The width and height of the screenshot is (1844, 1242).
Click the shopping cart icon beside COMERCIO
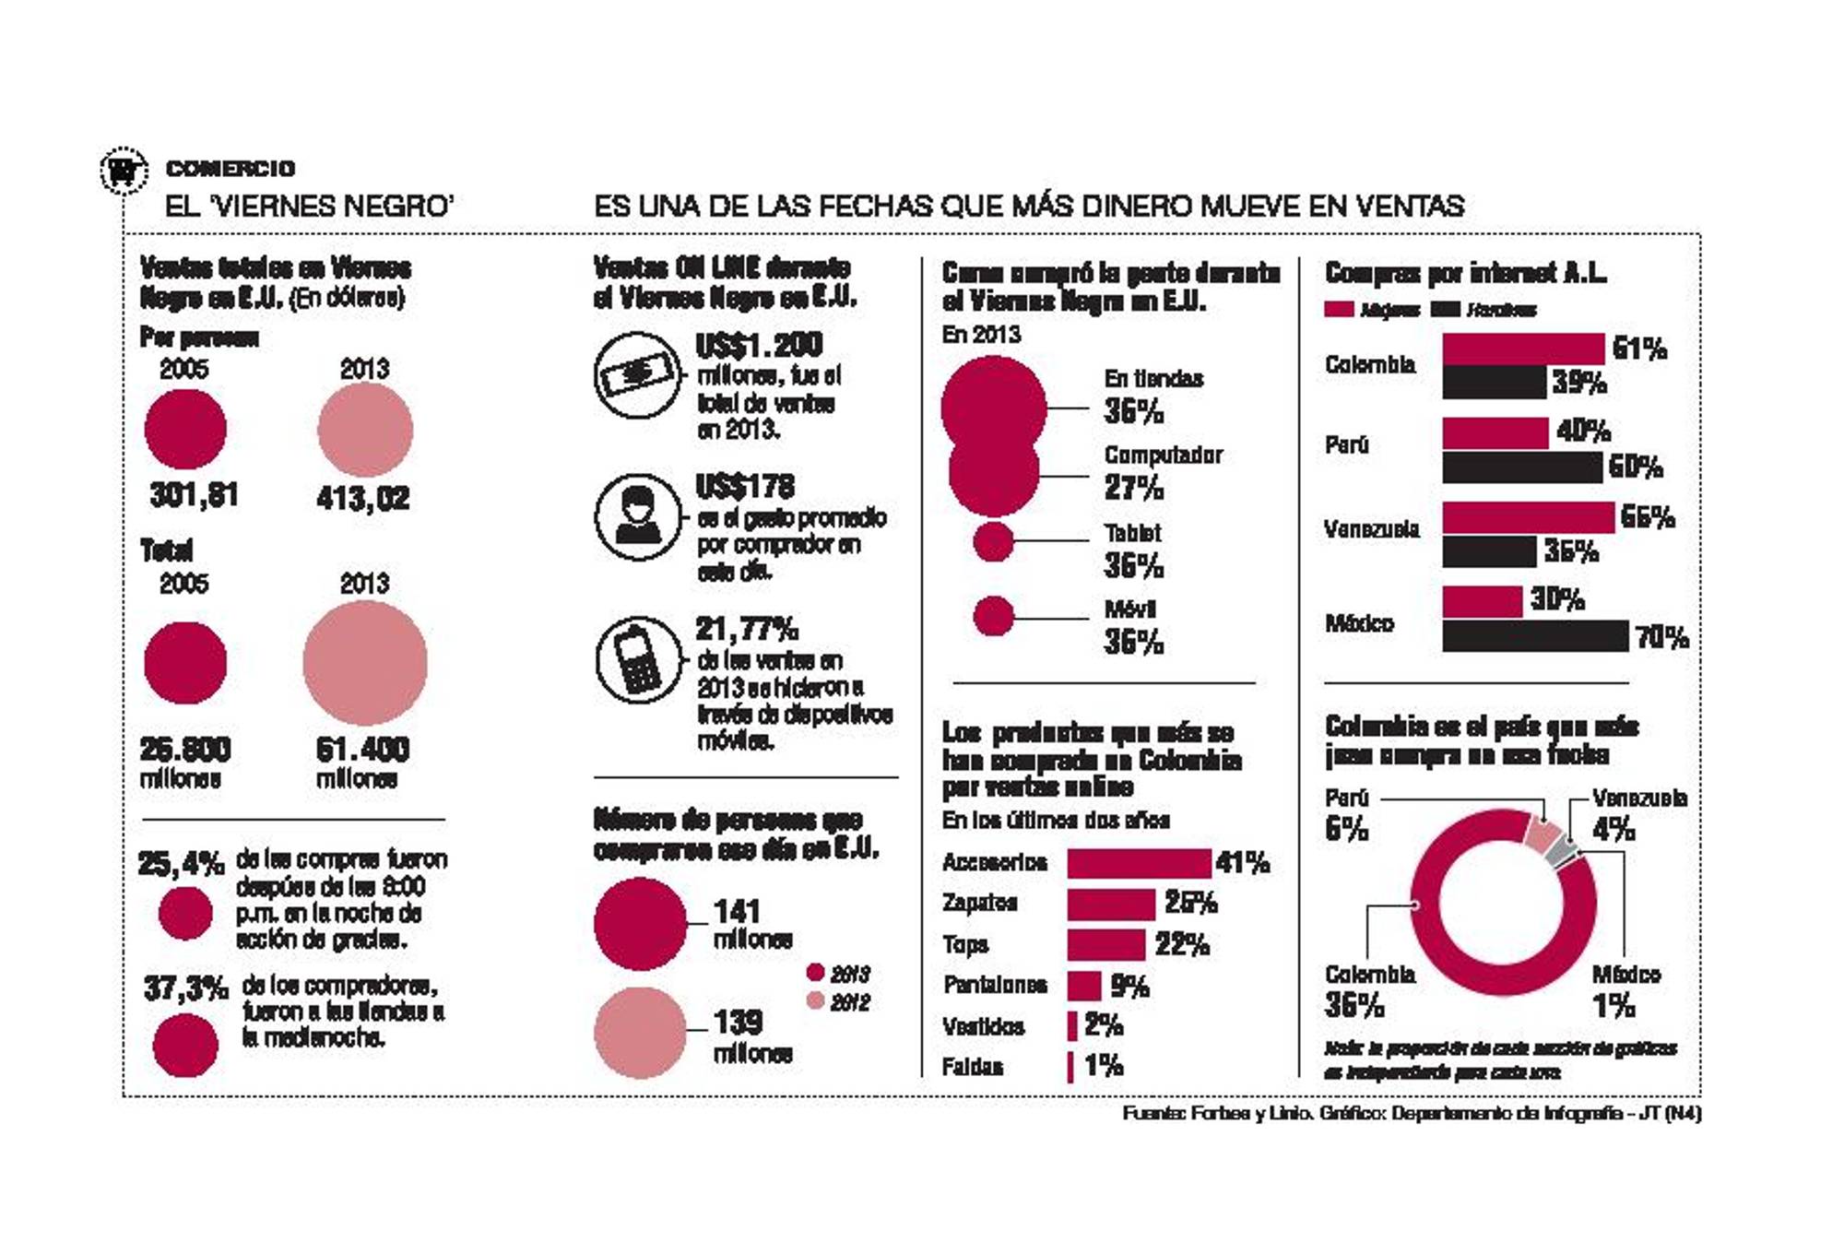pyautogui.click(x=123, y=171)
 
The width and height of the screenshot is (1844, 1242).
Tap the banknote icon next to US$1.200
pyautogui.click(x=637, y=374)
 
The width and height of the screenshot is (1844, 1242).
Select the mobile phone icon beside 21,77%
pyautogui.click(x=638, y=658)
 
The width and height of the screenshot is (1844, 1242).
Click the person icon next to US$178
pyautogui.click(x=637, y=516)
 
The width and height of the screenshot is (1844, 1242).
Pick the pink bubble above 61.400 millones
pyautogui.click(x=365, y=663)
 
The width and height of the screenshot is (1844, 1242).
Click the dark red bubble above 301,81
pyautogui.click(x=185, y=429)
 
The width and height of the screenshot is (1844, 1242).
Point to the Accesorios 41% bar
pyautogui.click(x=1139, y=863)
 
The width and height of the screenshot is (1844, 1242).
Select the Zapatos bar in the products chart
pyautogui.click(x=1111, y=904)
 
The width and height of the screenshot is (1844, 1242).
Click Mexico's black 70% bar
pyautogui.click(x=1535, y=636)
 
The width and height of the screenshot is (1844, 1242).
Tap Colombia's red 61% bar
pyautogui.click(x=1523, y=349)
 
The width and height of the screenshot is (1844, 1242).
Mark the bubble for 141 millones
pyautogui.click(x=640, y=924)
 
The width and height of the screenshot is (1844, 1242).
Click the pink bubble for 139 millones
pyautogui.click(x=640, y=1033)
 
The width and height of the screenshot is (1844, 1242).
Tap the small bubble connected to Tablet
pyautogui.click(x=993, y=541)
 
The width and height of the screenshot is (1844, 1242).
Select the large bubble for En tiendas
pyautogui.click(x=994, y=406)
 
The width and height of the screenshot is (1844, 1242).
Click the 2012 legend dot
pyautogui.click(x=815, y=1000)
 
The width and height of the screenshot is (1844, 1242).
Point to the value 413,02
pyautogui.click(x=363, y=499)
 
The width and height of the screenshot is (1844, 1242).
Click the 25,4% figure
pyautogui.click(x=181, y=864)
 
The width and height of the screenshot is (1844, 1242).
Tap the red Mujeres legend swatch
pyautogui.click(x=1339, y=310)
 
